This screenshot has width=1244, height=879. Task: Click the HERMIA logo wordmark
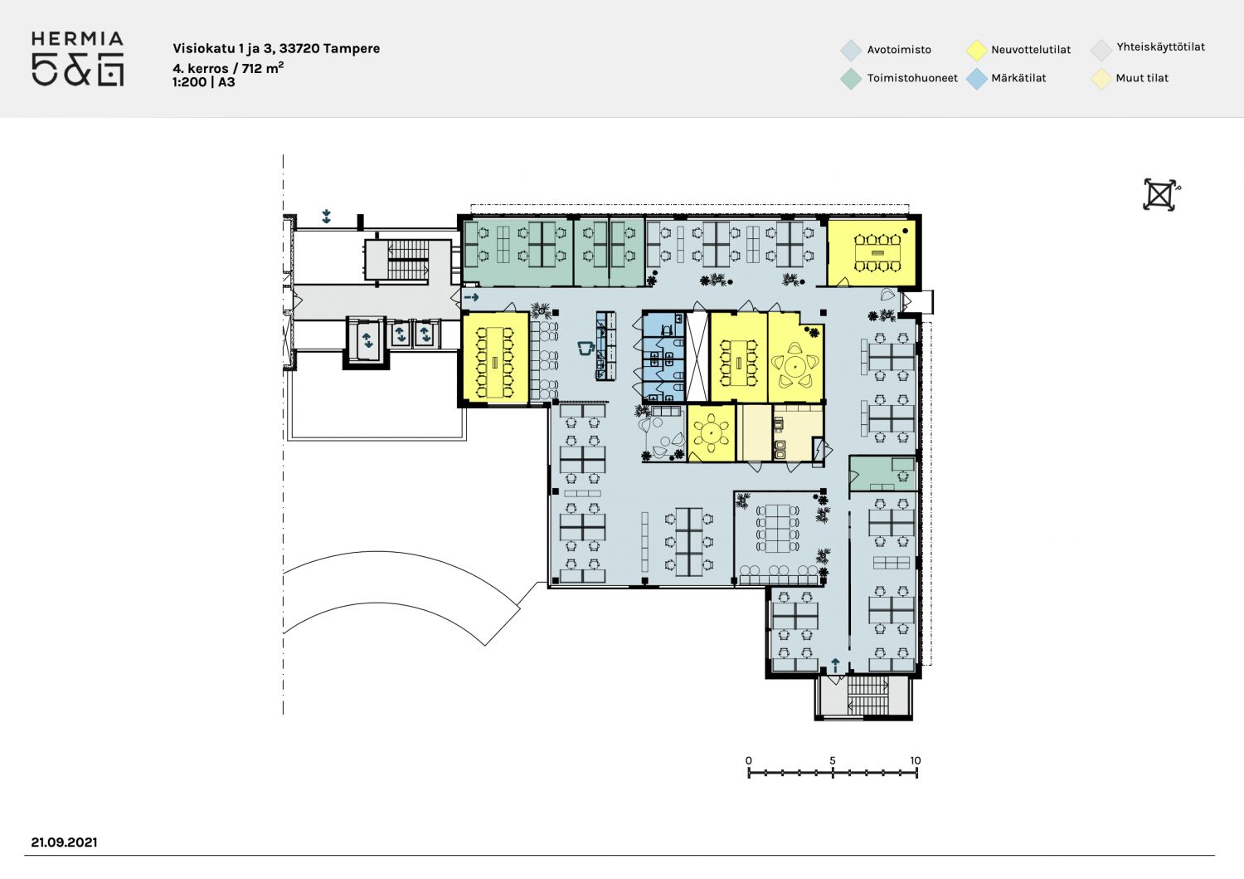click(x=77, y=39)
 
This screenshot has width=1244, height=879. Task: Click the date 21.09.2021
click(x=65, y=842)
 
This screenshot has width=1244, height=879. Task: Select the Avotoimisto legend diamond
click(x=851, y=50)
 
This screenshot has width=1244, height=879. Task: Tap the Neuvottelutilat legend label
click(x=1031, y=50)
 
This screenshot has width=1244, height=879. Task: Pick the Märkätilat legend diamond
click(x=976, y=79)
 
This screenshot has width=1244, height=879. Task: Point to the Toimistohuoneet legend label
click(x=912, y=78)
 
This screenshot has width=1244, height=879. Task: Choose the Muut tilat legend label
click(x=1142, y=78)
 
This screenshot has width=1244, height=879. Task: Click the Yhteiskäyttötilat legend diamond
click(x=1101, y=50)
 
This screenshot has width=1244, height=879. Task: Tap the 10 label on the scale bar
click(x=916, y=760)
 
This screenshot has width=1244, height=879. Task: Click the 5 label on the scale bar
click(x=833, y=760)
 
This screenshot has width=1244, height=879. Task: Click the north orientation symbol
click(x=1160, y=194)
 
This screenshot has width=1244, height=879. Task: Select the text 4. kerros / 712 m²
click(x=228, y=68)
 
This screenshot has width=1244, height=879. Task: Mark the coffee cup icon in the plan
click(x=586, y=348)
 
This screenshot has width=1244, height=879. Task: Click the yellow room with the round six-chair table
click(x=712, y=432)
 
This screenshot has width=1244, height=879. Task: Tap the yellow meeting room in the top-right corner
click(x=871, y=252)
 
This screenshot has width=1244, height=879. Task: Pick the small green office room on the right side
click(x=882, y=474)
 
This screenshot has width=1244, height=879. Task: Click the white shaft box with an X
click(x=697, y=356)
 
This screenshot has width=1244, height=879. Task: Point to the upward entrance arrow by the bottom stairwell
click(x=834, y=665)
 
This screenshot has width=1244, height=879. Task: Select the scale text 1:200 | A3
click(x=204, y=82)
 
